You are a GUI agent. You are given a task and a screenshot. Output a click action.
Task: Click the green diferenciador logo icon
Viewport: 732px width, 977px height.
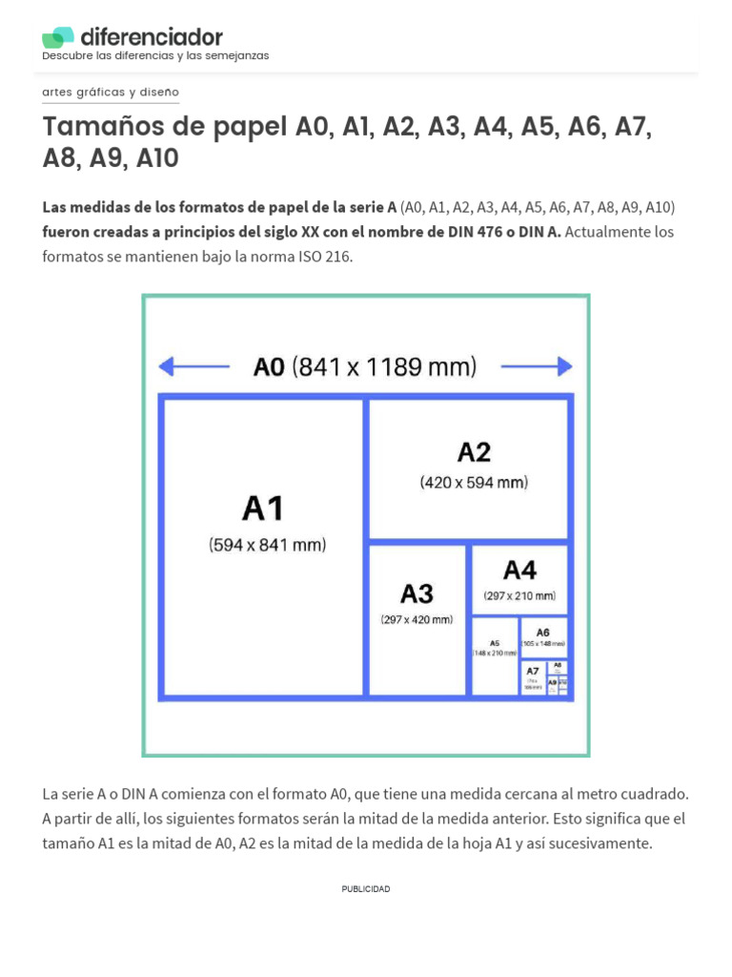pyautogui.click(x=57, y=37)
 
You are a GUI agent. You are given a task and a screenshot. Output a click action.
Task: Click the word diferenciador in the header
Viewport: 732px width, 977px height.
pyautogui.click(x=152, y=37)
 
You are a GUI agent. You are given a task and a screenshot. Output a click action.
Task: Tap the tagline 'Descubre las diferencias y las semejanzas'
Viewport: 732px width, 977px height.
pyautogui.click(x=155, y=56)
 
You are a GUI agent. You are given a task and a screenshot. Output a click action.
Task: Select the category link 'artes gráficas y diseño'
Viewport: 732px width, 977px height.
pyautogui.click(x=111, y=92)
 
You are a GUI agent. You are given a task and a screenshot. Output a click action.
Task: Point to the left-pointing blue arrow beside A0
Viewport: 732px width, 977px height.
pyautogui.click(x=193, y=366)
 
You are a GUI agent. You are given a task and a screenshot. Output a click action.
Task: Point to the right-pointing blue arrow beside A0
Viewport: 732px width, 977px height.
pyautogui.click(x=537, y=366)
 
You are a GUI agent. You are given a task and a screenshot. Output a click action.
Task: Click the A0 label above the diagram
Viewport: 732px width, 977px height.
pyautogui.click(x=269, y=366)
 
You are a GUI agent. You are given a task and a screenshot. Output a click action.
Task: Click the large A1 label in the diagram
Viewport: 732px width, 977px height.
pyautogui.click(x=263, y=508)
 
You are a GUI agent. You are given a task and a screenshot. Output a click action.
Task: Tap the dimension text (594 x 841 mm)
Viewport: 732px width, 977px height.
pyautogui.click(x=268, y=546)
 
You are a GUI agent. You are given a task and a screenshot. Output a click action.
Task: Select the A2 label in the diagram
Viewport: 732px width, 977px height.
pyautogui.click(x=474, y=451)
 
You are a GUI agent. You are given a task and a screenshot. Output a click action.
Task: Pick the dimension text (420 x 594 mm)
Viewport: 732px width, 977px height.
pyautogui.click(x=474, y=483)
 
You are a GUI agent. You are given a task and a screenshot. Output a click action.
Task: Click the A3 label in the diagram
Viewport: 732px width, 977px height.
pyautogui.click(x=417, y=593)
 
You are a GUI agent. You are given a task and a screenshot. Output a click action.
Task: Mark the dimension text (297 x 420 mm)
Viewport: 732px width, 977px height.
pyautogui.click(x=417, y=620)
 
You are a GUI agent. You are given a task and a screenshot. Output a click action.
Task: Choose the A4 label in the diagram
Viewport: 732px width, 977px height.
pyautogui.click(x=519, y=571)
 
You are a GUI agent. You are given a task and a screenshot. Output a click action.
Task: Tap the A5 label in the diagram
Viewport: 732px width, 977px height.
pyautogui.click(x=495, y=643)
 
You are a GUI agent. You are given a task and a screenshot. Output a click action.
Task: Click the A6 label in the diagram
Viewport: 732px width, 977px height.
pyautogui.click(x=542, y=632)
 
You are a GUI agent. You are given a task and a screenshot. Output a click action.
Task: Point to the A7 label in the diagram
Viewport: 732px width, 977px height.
pyautogui.click(x=532, y=671)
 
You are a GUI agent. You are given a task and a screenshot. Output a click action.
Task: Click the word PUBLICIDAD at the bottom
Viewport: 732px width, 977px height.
pyautogui.click(x=366, y=889)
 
